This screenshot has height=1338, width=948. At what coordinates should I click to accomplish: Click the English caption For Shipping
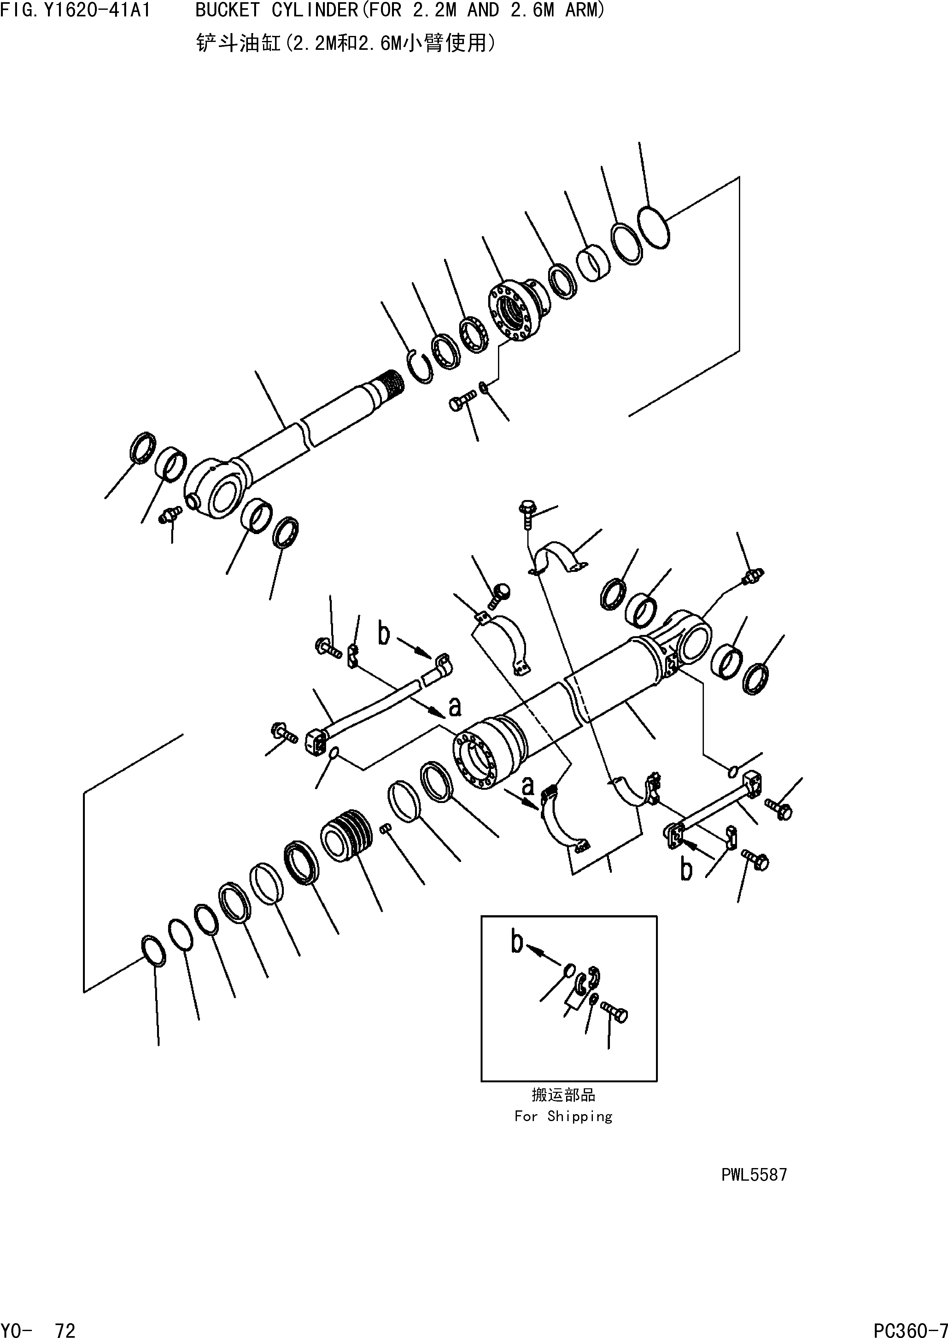coord(563,1116)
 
